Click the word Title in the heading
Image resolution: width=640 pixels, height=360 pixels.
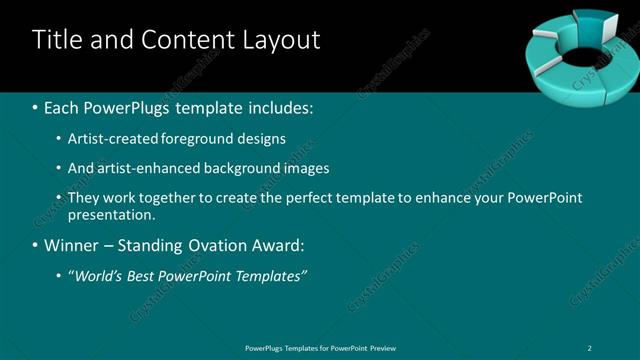(56, 40)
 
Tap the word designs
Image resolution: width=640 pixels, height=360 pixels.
(261, 138)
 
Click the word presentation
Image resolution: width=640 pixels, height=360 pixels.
(111, 214)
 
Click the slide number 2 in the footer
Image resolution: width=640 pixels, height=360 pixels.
(590, 347)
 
